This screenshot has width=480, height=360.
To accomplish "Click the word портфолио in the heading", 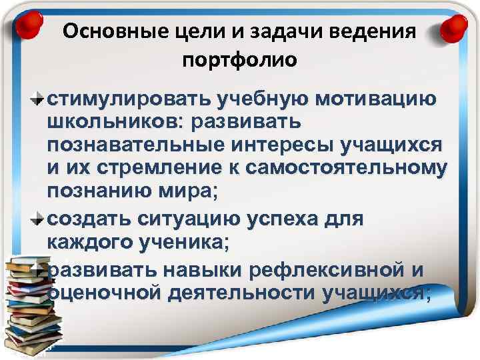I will tap(239, 60).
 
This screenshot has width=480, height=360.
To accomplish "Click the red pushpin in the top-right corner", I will tap(455, 28).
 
